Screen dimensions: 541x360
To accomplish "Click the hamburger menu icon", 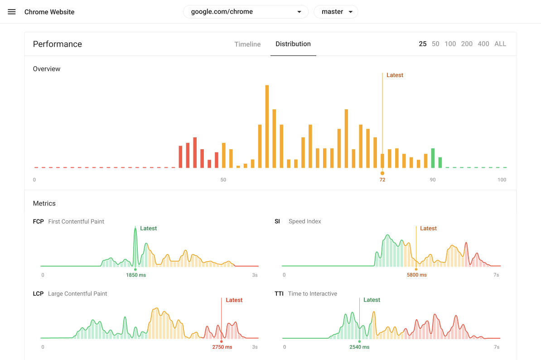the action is coord(12,12).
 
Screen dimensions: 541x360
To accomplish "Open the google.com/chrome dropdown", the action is coord(246,12).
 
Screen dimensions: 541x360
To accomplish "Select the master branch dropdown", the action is coord(336,12).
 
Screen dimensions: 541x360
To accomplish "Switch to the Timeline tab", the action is coord(247,44).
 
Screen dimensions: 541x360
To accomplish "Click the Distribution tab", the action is coord(293,44).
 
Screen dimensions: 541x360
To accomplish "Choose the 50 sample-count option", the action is coord(435,44).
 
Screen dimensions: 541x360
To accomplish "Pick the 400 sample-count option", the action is coord(483,44).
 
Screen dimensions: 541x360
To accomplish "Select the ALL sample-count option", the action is coord(500,44).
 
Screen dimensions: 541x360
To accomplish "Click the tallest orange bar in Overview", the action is coord(267,126).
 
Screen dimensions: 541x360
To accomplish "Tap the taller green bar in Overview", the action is coord(433,158).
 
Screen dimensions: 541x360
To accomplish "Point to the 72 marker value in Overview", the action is coord(382,180).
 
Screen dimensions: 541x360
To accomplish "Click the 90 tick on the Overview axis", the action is coord(433,180).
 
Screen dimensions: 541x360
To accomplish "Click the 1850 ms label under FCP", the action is coord(136,275).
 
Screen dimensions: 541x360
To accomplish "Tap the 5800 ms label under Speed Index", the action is coord(417,275).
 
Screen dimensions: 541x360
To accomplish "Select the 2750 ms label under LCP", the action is coord(222,347).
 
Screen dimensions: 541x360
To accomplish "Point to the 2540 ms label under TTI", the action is coord(359,347).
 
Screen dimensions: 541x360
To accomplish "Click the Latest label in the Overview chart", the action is coord(395,75).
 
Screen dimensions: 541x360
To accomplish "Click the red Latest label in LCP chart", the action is coord(234,300).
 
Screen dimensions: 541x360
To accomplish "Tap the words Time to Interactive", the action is coord(313,294).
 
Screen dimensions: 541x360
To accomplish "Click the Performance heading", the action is coord(57,44).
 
